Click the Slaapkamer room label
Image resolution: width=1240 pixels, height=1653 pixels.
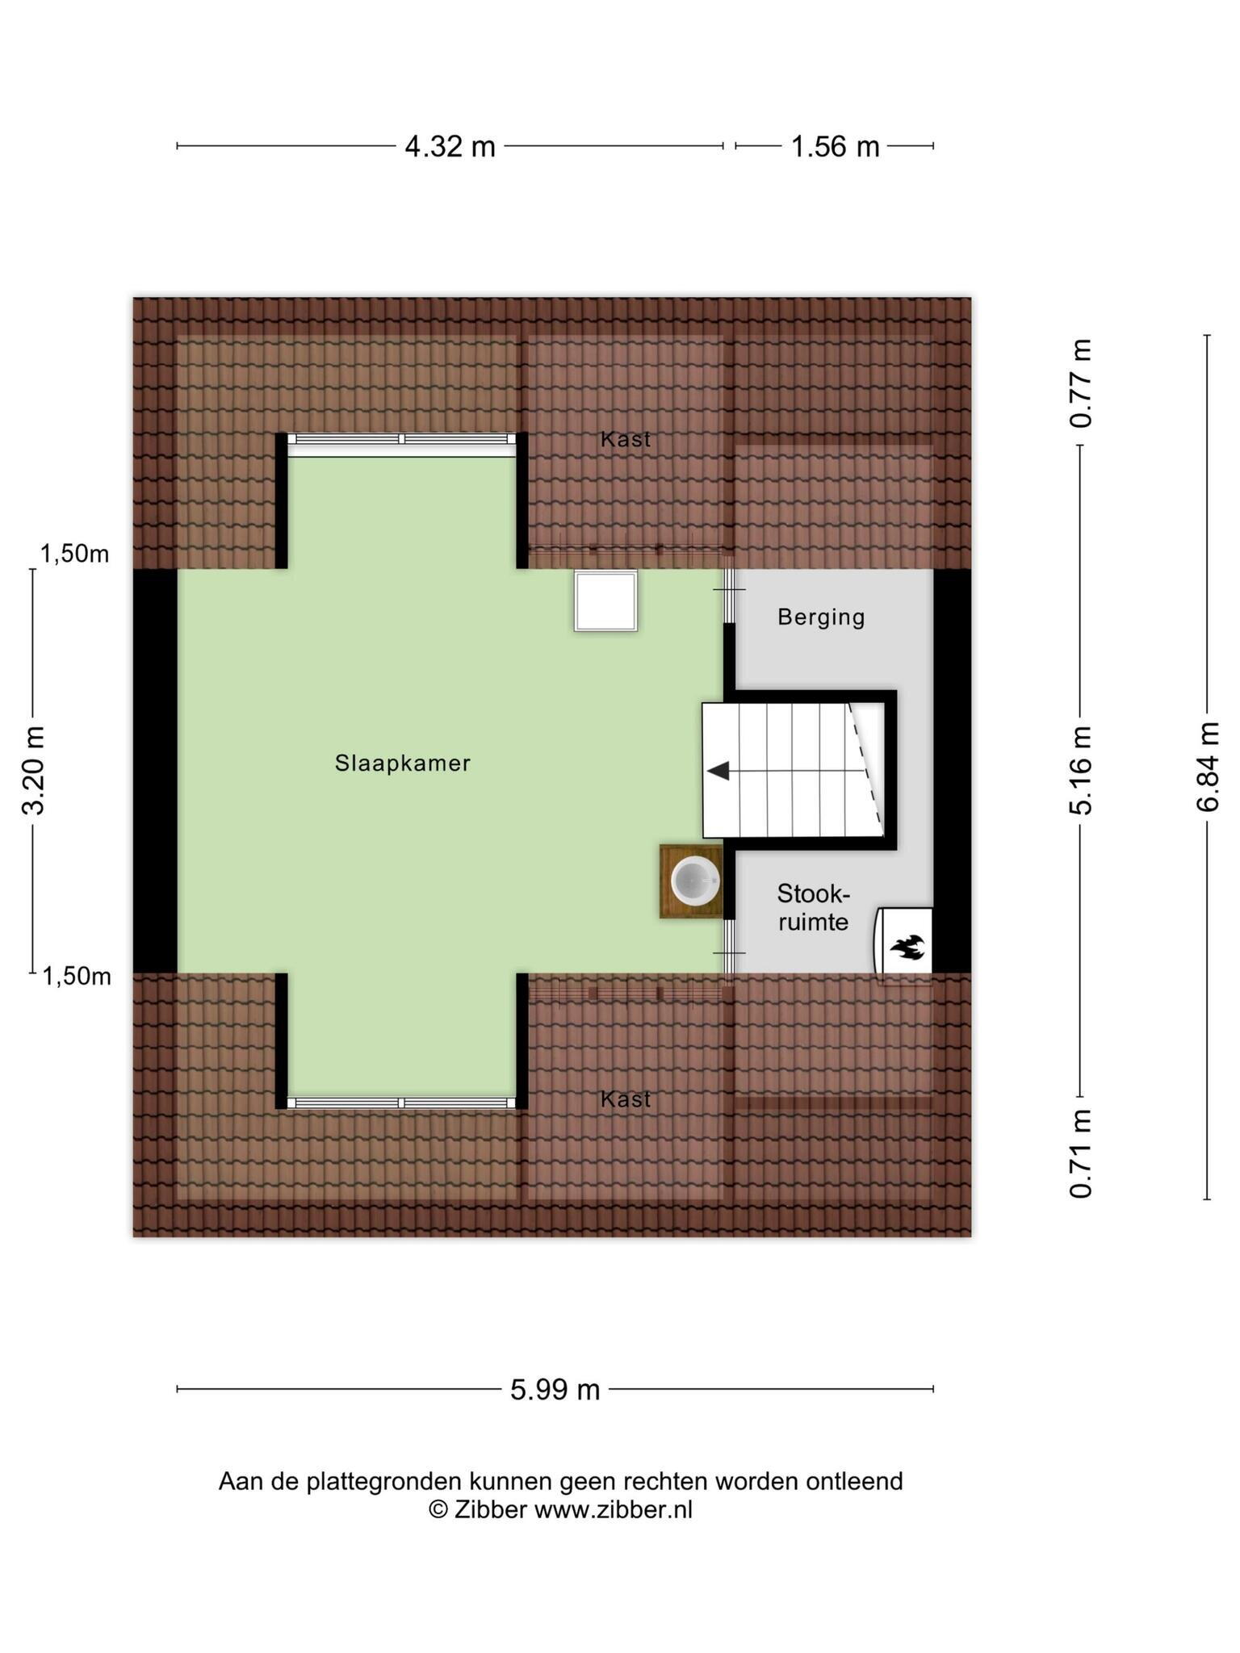402,763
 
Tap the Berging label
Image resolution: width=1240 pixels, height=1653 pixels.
821,617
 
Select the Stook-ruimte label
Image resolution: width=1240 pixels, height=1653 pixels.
813,907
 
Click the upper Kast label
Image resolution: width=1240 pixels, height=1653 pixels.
626,439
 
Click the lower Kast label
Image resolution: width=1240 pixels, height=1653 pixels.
626,1099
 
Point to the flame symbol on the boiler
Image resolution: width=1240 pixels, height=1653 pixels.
907,947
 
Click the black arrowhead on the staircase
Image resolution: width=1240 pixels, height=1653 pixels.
718,771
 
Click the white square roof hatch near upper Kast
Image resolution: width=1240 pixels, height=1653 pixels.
605,601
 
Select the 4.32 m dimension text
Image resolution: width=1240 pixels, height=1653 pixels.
450,147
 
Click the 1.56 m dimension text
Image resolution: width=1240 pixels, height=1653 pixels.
835,147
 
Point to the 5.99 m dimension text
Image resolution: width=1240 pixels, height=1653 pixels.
555,1389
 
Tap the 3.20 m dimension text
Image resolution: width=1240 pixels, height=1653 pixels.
34,771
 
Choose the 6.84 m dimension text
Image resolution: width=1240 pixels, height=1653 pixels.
1208,768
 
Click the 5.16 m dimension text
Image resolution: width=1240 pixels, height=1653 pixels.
1081,770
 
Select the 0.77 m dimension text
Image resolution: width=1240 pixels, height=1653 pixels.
1081,383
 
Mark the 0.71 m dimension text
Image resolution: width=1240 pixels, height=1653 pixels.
1081,1153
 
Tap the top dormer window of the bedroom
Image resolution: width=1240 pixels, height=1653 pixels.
402,440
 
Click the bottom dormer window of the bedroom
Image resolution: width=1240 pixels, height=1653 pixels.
402,1103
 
